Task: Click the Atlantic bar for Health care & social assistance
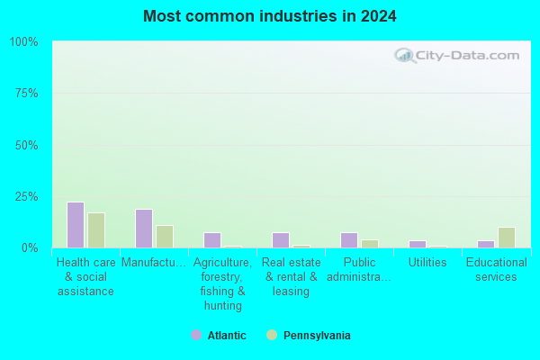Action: point(76,225)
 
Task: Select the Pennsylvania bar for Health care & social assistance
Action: point(96,230)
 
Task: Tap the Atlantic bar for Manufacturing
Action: point(144,229)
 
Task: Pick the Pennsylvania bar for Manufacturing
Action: point(165,237)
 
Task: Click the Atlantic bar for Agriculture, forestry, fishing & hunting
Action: point(212,240)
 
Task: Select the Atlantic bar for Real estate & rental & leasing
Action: point(281,240)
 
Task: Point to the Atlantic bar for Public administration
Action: point(349,240)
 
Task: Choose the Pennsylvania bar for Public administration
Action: point(370,244)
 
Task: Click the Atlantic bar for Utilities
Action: point(418,244)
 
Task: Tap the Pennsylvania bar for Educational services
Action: point(507,238)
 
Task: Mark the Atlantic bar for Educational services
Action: point(486,244)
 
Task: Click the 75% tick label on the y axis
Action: point(26,94)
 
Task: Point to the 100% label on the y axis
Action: point(23,42)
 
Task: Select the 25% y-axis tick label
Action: point(26,197)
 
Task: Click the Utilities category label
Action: point(427,263)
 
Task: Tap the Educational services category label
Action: point(496,270)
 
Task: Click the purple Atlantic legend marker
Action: point(196,335)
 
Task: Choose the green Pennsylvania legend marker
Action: point(272,335)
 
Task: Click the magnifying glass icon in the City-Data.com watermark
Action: point(405,56)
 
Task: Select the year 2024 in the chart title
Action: point(379,16)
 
